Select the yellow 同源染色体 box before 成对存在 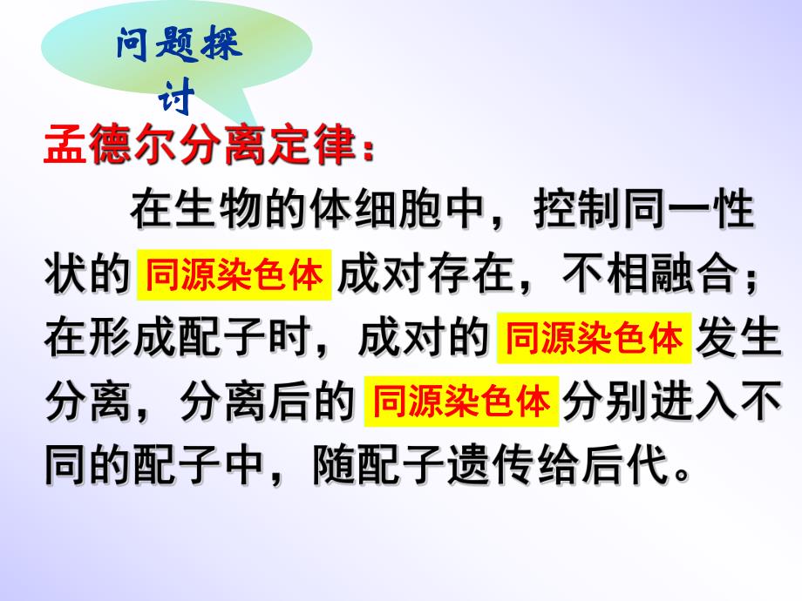(235, 275)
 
